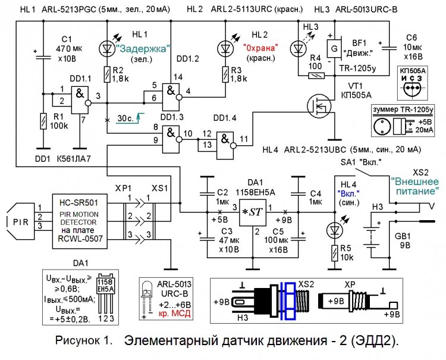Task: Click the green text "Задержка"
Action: (143, 48)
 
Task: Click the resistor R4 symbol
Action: (318, 75)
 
